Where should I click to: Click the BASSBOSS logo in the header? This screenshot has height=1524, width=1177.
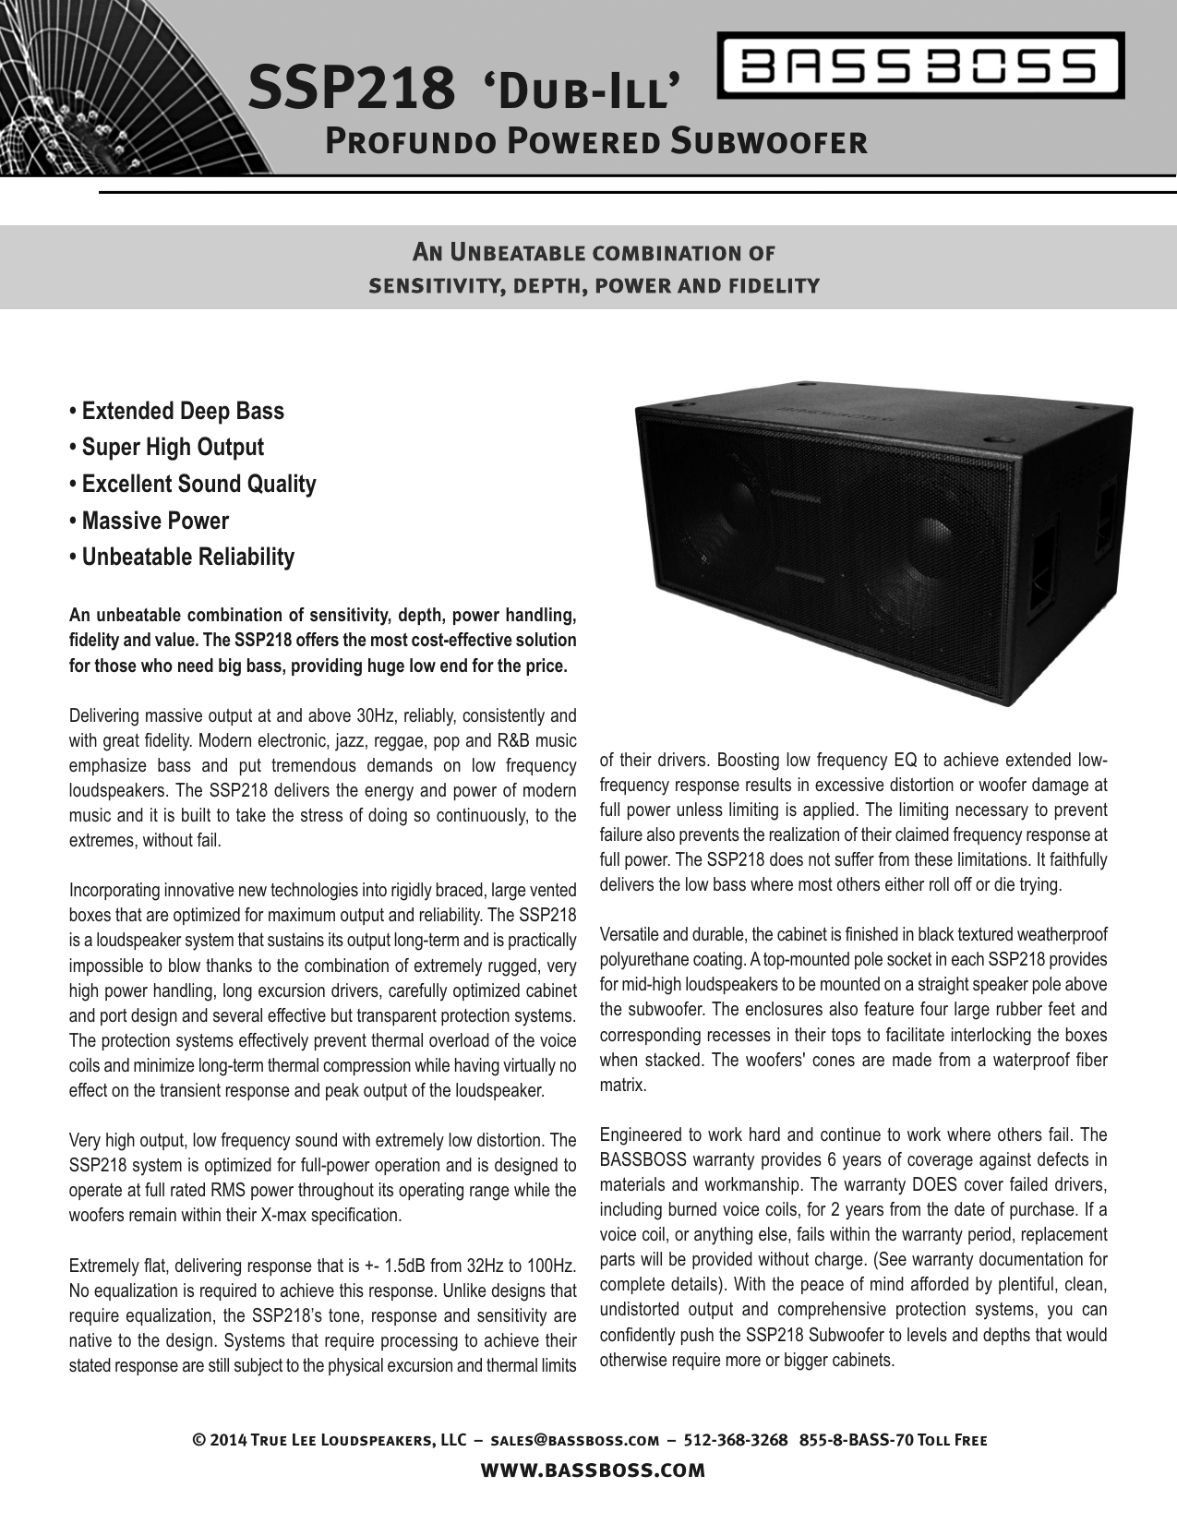click(x=920, y=66)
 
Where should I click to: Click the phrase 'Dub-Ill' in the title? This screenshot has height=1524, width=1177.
click(x=583, y=90)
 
